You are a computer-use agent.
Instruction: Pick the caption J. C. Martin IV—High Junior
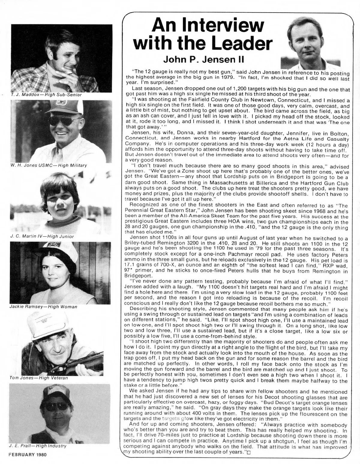(42, 236)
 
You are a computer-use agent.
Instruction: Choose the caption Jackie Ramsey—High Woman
(43, 307)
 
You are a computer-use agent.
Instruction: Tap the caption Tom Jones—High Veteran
(39, 378)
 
